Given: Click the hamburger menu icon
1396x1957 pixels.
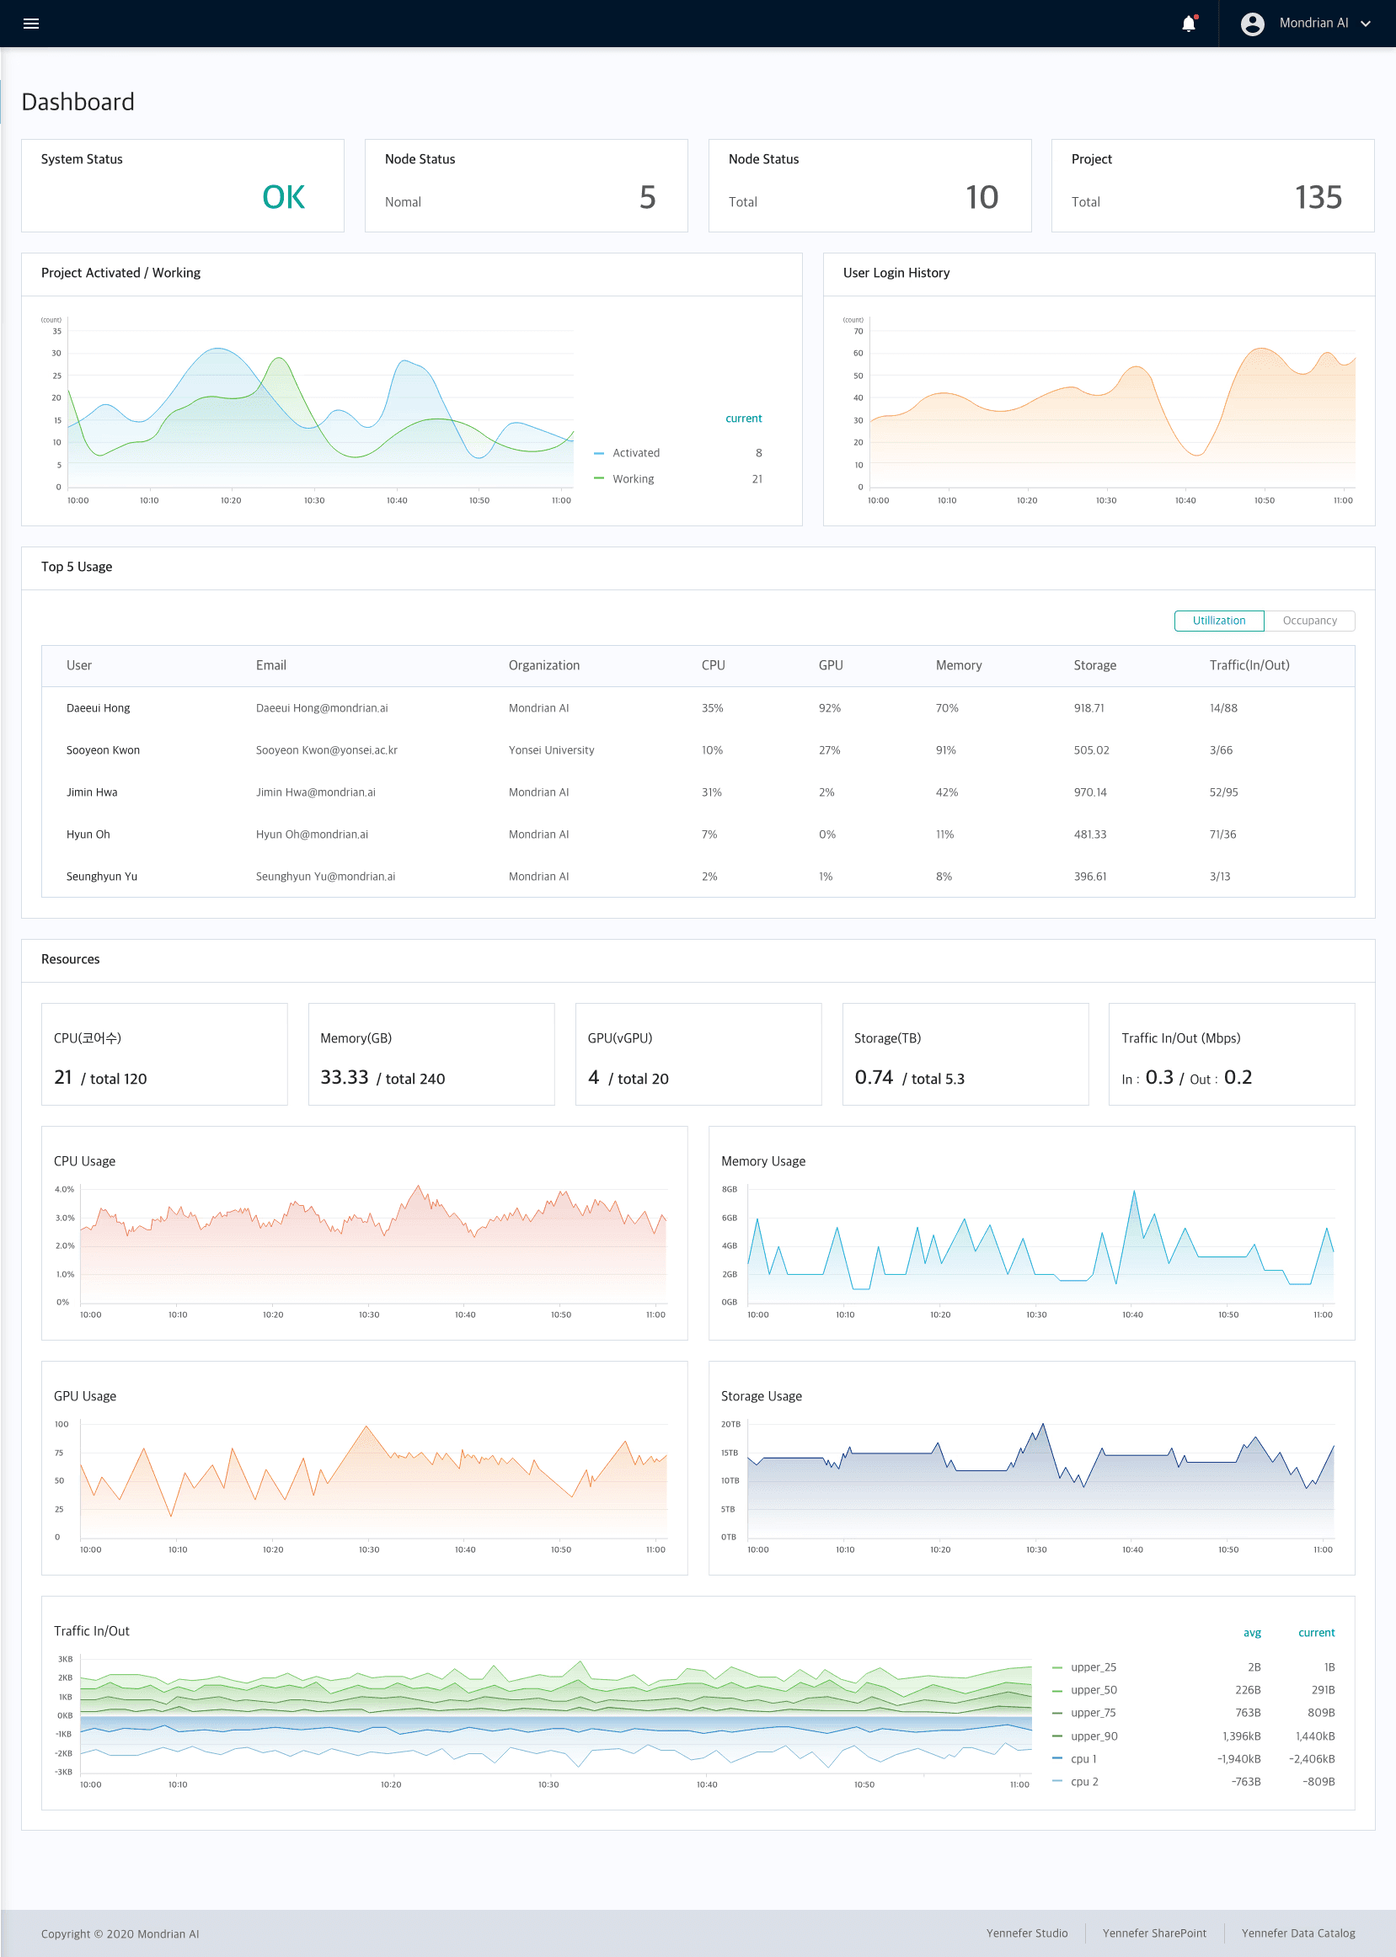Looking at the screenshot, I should pyautogui.click(x=31, y=24).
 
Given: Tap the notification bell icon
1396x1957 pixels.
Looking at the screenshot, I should pyautogui.click(x=1188, y=24).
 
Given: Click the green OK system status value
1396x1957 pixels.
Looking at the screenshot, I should pyautogui.click(x=283, y=198).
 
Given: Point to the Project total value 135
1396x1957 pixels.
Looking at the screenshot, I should pyautogui.click(x=1318, y=198).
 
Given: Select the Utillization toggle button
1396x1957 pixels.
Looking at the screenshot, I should pyautogui.click(x=1218, y=621).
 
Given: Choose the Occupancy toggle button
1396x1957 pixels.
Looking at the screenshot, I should pyautogui.click(x=1308, y=621).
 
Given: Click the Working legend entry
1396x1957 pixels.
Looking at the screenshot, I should pyautogui.click(x=633, y=479).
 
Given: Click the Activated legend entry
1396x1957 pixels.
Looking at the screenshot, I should pyautogui.click(x=635, y=453).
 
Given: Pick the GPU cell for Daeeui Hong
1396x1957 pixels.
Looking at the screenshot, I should pyautogui.click(x=829, y=708).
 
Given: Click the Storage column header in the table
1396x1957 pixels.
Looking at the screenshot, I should pyautogui.click(x=1094, y=665).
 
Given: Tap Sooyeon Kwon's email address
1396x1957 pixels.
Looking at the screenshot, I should pyautogui.click(x=326, y=750).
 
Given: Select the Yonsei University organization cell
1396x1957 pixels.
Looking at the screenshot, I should pyautogui.click(x=551, y=750).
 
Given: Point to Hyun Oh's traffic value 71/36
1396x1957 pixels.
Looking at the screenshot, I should pyautogui.click(x=1222, y=835).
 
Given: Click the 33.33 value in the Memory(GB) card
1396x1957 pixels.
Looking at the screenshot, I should pyautogui.click(x=344, y=1077).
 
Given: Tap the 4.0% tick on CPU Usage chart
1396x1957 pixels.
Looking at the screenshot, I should pyautogui.click(x=65, y=1190).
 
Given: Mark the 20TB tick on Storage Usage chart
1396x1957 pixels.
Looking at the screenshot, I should pyautogui.click(x=730, y=1424).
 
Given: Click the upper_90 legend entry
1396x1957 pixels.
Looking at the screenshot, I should pyautogui.click(x=1094, y=1736).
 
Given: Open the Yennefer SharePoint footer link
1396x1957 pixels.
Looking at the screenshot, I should pyautogui.click(x=1153, y=1933).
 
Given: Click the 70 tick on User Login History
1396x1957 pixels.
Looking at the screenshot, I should pyautogui.click(x=858, y=332).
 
